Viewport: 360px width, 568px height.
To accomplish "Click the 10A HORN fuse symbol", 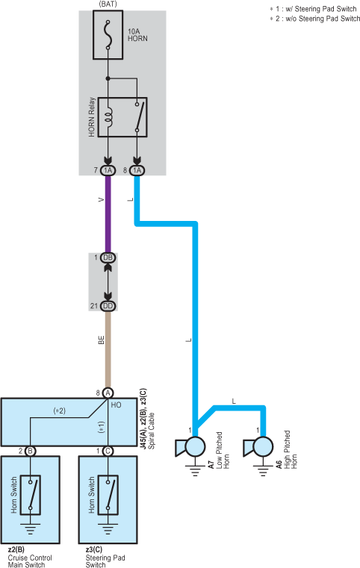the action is [x=108, y=35].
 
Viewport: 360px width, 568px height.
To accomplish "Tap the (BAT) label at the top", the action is [x=108, y=4].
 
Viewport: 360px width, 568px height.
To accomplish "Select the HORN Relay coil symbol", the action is [x=108, y=117].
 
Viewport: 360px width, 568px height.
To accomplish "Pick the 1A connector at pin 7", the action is [x=108, y=170].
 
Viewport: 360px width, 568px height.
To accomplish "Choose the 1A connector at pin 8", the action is [x=137, y=170].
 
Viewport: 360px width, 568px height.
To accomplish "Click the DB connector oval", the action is [x=108, y=258].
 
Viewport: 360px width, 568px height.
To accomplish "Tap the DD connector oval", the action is [x=108, y=306].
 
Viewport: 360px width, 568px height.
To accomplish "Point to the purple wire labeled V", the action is [x=108, y=214].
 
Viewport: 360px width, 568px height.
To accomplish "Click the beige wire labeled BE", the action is [x=108, y=349].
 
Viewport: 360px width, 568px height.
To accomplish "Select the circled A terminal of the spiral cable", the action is [x=108, y=393].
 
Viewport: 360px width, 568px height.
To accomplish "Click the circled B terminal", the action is [x=31, y=451].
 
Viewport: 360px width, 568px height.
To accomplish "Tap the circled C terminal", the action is [x=108, y=451].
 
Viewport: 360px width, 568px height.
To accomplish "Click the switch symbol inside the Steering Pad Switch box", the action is [x=108, y=495].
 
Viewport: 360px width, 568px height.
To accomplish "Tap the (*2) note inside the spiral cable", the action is [x=60, y=411].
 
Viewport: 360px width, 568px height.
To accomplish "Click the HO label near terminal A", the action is [x=116, y=405].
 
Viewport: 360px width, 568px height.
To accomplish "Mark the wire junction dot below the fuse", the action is [x=108, y=78].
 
